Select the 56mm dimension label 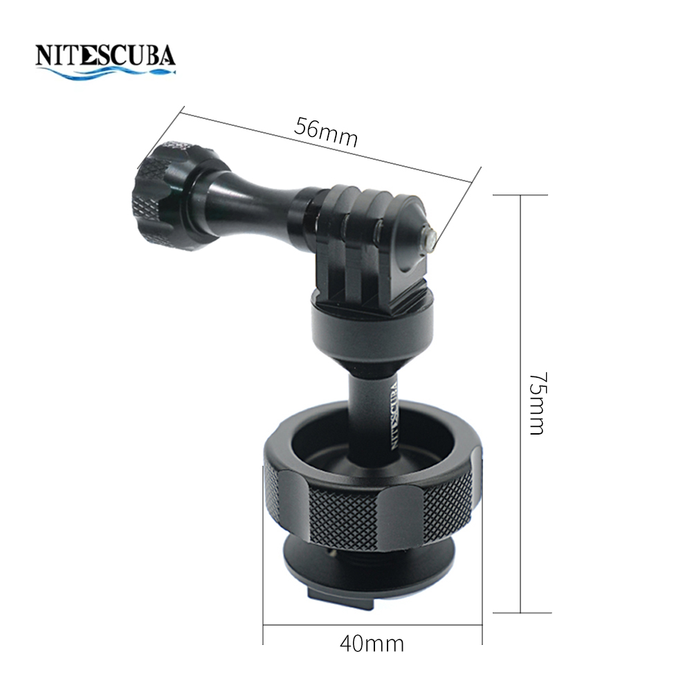coord(326,132)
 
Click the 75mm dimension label coord(538,403)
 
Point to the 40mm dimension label coord(372,644)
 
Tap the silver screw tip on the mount coord(429,237)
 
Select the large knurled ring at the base coord(372,499)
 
